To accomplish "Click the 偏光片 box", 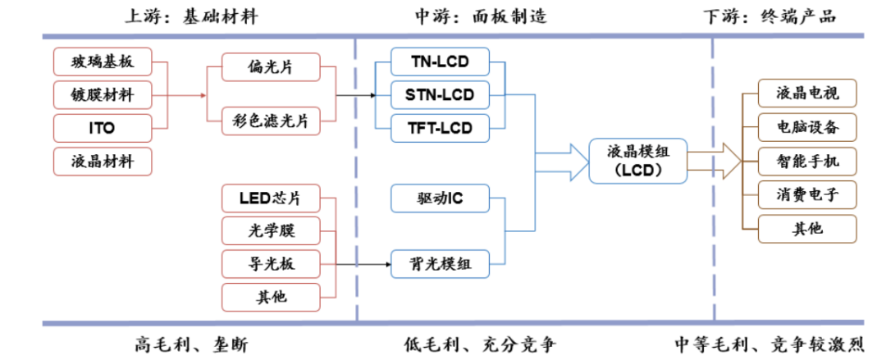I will tap(270, 68).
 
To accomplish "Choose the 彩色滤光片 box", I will tap(270, 122).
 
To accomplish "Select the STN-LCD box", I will tap(440, 93).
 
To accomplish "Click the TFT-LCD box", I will tap(440, 128).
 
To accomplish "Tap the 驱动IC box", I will tap(440, 198).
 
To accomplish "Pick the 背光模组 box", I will tap(440, 263).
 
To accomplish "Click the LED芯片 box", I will tap(270, 198).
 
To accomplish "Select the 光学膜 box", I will tap(270, 231).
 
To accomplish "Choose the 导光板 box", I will tap(270, 263).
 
